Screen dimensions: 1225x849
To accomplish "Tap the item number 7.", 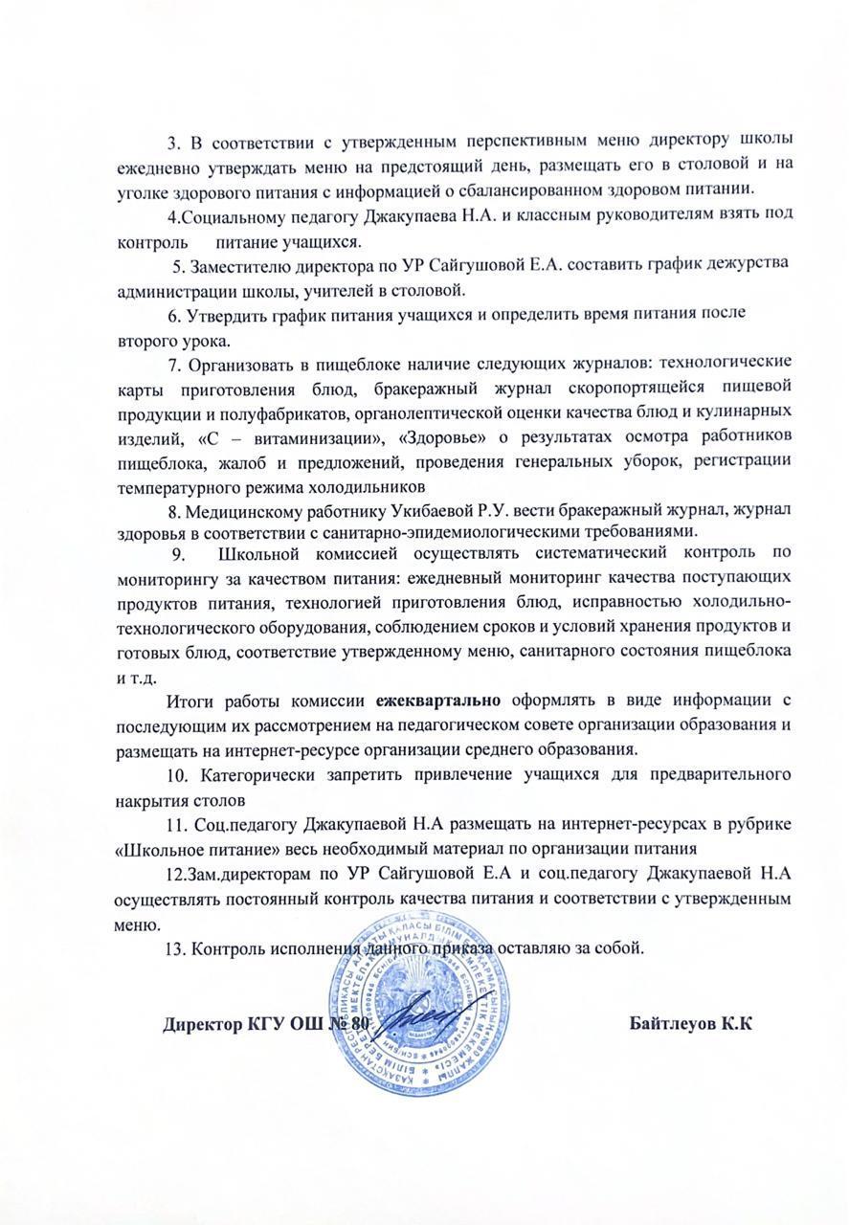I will pyautogui.click(x=173, y=364).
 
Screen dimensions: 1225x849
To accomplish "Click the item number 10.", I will pyautogui.click(x=177, y=771).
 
